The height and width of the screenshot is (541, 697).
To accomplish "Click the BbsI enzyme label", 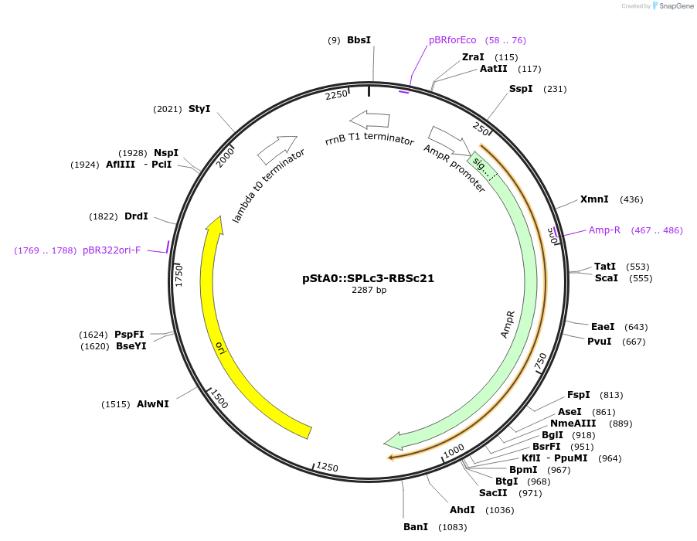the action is [359, 39].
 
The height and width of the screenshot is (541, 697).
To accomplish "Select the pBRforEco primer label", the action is [453, 39].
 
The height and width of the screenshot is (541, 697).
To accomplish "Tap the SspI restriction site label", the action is [521, 89].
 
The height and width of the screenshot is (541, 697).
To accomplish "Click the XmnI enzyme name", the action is [594, 199].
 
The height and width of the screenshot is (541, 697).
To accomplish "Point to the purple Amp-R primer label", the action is [604, 230].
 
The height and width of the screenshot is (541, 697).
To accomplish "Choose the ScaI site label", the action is [606, 278].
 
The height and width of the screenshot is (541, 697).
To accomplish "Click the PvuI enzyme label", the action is [599, 342].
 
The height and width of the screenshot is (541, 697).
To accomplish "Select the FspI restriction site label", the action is [578, 395].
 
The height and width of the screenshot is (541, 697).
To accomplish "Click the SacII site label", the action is [492, 493].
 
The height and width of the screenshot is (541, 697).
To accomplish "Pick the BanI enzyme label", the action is [416, 527].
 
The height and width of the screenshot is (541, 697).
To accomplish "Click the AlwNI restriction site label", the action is [153, 404].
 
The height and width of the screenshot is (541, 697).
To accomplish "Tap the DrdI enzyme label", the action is [136, 216].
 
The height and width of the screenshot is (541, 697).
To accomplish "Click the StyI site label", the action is [199, 109].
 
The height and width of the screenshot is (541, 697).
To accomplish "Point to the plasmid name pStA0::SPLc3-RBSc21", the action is [368, 278].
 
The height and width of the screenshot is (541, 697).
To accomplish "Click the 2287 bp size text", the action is [369, 291].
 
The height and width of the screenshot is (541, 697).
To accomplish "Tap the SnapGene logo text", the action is [674, 6].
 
